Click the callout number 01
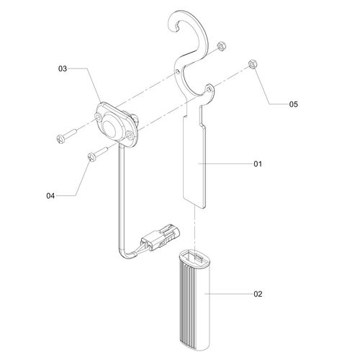(x=258, y=164)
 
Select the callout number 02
(x=258, y=294)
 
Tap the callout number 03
(x=63, y=69)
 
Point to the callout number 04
(x=50, y=196)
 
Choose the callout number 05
(x=294, y=104)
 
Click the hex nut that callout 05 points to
(x=253, y=64)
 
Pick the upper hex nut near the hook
(x=220, y=45)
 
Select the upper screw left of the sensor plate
(x=66, y=136)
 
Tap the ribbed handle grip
(x=194, y=304)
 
